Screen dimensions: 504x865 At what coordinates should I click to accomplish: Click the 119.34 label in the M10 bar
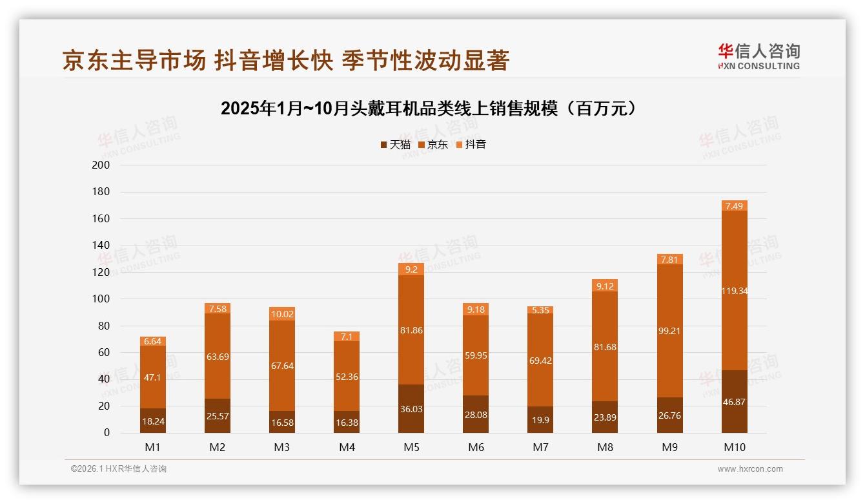coord(735,291)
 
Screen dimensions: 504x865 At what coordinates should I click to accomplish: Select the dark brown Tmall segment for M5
coord(411,408)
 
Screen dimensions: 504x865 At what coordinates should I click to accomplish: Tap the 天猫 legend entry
coord(396,145)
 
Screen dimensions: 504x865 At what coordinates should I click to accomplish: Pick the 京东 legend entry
coord(433,145)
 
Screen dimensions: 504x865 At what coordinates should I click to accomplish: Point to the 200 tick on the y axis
coord(101,165)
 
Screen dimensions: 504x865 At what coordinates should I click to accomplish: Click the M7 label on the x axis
coord(540,447)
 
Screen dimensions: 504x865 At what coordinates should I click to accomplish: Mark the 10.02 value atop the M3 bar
coord(282,314)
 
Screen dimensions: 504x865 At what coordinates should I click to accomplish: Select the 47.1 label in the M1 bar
coord(153,377)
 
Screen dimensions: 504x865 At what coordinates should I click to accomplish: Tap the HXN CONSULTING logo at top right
coord(758,57)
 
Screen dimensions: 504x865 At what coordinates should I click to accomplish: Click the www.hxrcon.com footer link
coord(750,469)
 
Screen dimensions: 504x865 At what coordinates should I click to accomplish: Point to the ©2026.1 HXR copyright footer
coord(119,469)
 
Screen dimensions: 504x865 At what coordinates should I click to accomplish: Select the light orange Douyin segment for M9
coord(670,259)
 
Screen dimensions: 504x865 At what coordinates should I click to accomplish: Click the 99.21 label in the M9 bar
coord(670,331)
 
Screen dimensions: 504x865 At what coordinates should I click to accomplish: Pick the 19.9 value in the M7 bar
coord(540,421)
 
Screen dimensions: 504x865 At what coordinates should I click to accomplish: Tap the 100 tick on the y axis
coord(101,299)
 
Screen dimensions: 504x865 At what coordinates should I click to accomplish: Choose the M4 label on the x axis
coord(347,447)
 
